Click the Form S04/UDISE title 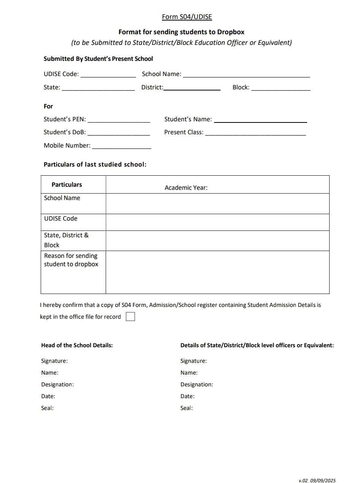(x=187, y=17)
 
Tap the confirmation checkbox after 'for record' (x=130, y=316)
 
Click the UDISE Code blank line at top (x=108, y=75)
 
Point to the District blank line (x=192, y=89)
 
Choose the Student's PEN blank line (x=119, y=121)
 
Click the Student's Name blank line (x=260, y=121)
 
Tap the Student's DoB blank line (x=119, y=133)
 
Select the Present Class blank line (x=255, y=133)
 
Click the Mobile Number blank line (x=122, y=146)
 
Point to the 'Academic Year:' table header (x=186, y=187)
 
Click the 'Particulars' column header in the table (x=67, y=184)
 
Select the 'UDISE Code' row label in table (x=60, y=218)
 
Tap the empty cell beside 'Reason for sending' (x=217, y=272)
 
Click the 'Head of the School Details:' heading (x=77, y=345)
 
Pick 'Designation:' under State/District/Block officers (x=197, y=384)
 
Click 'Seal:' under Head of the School (x=47, y=408)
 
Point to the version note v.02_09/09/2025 (x=317, y=480)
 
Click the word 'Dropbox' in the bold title (x=231, y=32)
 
